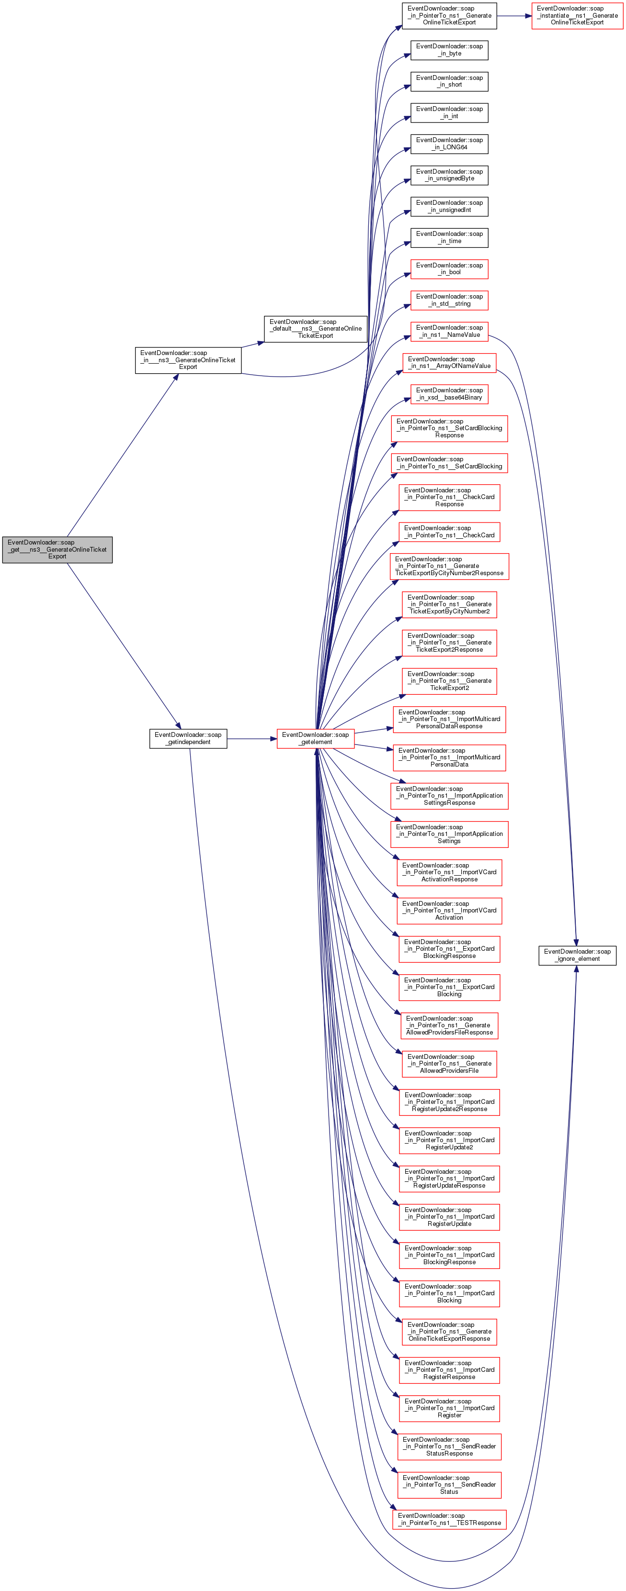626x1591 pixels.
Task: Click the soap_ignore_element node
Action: click(577, 955)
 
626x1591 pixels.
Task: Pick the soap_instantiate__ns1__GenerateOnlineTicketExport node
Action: click(577, 15)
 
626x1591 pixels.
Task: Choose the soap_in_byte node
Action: click(449, 50)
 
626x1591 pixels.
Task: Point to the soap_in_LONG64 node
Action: click(449, 144)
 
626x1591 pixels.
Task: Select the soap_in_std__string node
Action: click(449, 300)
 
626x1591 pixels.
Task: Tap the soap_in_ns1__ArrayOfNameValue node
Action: click(449, 363)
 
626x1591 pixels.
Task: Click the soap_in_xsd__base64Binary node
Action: click(449, 394)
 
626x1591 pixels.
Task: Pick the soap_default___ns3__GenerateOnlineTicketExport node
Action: click(315, 329)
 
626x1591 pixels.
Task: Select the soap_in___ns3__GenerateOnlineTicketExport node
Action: click(188, 360)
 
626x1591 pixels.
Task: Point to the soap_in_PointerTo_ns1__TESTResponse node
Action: click(449, 1519)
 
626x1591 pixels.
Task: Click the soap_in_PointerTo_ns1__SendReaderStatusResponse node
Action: click(449, 1446)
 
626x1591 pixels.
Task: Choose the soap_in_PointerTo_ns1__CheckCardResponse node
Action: click(449, 497)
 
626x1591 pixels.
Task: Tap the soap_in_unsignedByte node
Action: click(449, 176)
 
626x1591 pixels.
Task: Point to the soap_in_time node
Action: click(449, 238)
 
